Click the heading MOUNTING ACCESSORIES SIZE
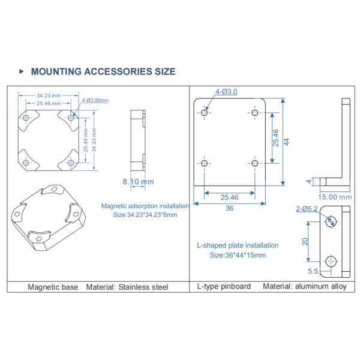click(x=103, y=71)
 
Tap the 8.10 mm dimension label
click(x=138, y=181)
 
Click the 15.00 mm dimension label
click(x=335, y=196)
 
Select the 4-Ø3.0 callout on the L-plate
click(x=226, y=92)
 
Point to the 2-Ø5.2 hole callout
click(x=307, y=209)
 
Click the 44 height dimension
click(x=287, y=142)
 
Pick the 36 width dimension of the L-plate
click(x=229, y=208)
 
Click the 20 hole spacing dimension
click(x=305, y=242)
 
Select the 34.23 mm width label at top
click(x=48, y=95)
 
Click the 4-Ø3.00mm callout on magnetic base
click(x=95, y=100)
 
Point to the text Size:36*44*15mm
click(x=238, y=255)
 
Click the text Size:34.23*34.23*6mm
click(x=145, y=215)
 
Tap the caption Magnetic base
click(x=53, y=287)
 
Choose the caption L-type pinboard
click(x=224, y=287)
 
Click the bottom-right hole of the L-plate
click(x=254, y=163)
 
